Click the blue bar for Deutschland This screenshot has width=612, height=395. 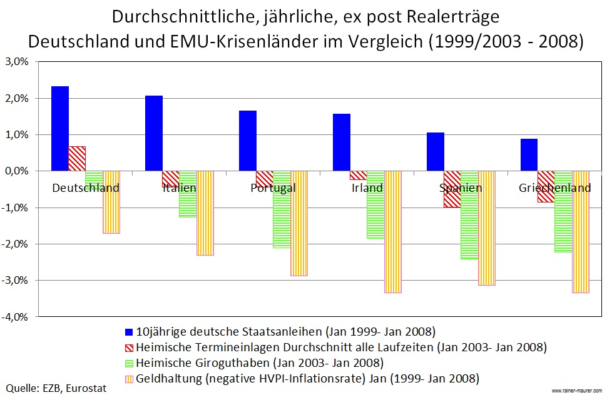60,128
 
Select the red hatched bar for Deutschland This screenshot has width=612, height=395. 77,158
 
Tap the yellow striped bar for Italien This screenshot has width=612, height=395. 205,213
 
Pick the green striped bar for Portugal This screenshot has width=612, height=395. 281,209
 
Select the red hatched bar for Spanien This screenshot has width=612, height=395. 452,189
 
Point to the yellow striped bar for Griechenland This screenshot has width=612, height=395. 580,232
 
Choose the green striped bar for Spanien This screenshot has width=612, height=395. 469,215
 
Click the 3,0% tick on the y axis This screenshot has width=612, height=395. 17,62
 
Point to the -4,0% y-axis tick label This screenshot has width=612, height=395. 16,317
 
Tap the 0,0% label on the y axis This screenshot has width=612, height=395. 17,171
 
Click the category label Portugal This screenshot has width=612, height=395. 273,188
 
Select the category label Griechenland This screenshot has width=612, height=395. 554,188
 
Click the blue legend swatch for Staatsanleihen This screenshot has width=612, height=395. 130,331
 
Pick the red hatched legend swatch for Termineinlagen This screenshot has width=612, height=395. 130,346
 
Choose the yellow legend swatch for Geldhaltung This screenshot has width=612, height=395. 130,378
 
